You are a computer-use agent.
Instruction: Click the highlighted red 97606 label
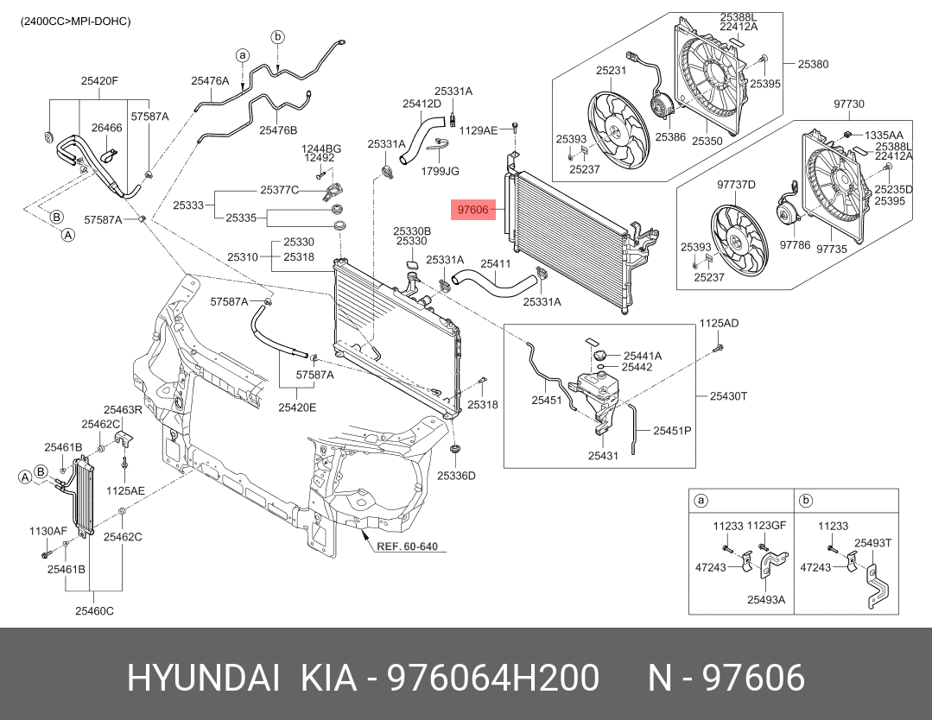pos(473,209)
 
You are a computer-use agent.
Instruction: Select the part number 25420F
pos(99,81)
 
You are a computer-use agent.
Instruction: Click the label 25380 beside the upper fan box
pos(813,64)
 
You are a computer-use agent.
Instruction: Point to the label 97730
pos(848,104)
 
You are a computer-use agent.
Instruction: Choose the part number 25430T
pos(728,395)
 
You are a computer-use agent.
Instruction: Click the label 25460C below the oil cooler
pos(93,611)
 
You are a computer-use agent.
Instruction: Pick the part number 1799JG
pos(441,171)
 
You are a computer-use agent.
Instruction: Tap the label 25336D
pos(456,475)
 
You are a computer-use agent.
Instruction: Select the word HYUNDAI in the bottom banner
pos(203,679)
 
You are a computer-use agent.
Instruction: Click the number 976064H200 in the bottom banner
pos(493,679)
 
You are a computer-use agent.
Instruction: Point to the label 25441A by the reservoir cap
pos(643,355)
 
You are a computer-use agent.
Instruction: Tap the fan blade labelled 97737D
pos(738,237)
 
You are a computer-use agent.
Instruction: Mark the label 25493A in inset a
pos(766,599)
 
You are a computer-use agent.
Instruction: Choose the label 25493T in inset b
pos(872,543)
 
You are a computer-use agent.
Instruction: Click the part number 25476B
pos(278,130)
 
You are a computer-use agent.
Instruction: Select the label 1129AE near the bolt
pos(479,129)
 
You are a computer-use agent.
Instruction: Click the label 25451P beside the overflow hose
pos(672,430)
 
